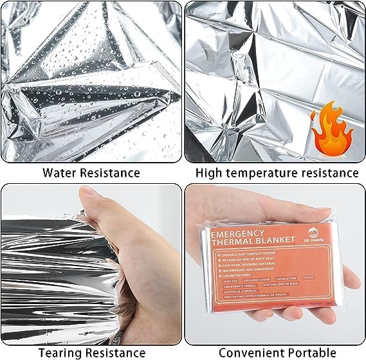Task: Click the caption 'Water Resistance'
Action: (91, 172)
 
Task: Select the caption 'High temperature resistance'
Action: (277, 172)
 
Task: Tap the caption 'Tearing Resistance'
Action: (91, 352)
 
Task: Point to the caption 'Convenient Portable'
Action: (277, 352)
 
